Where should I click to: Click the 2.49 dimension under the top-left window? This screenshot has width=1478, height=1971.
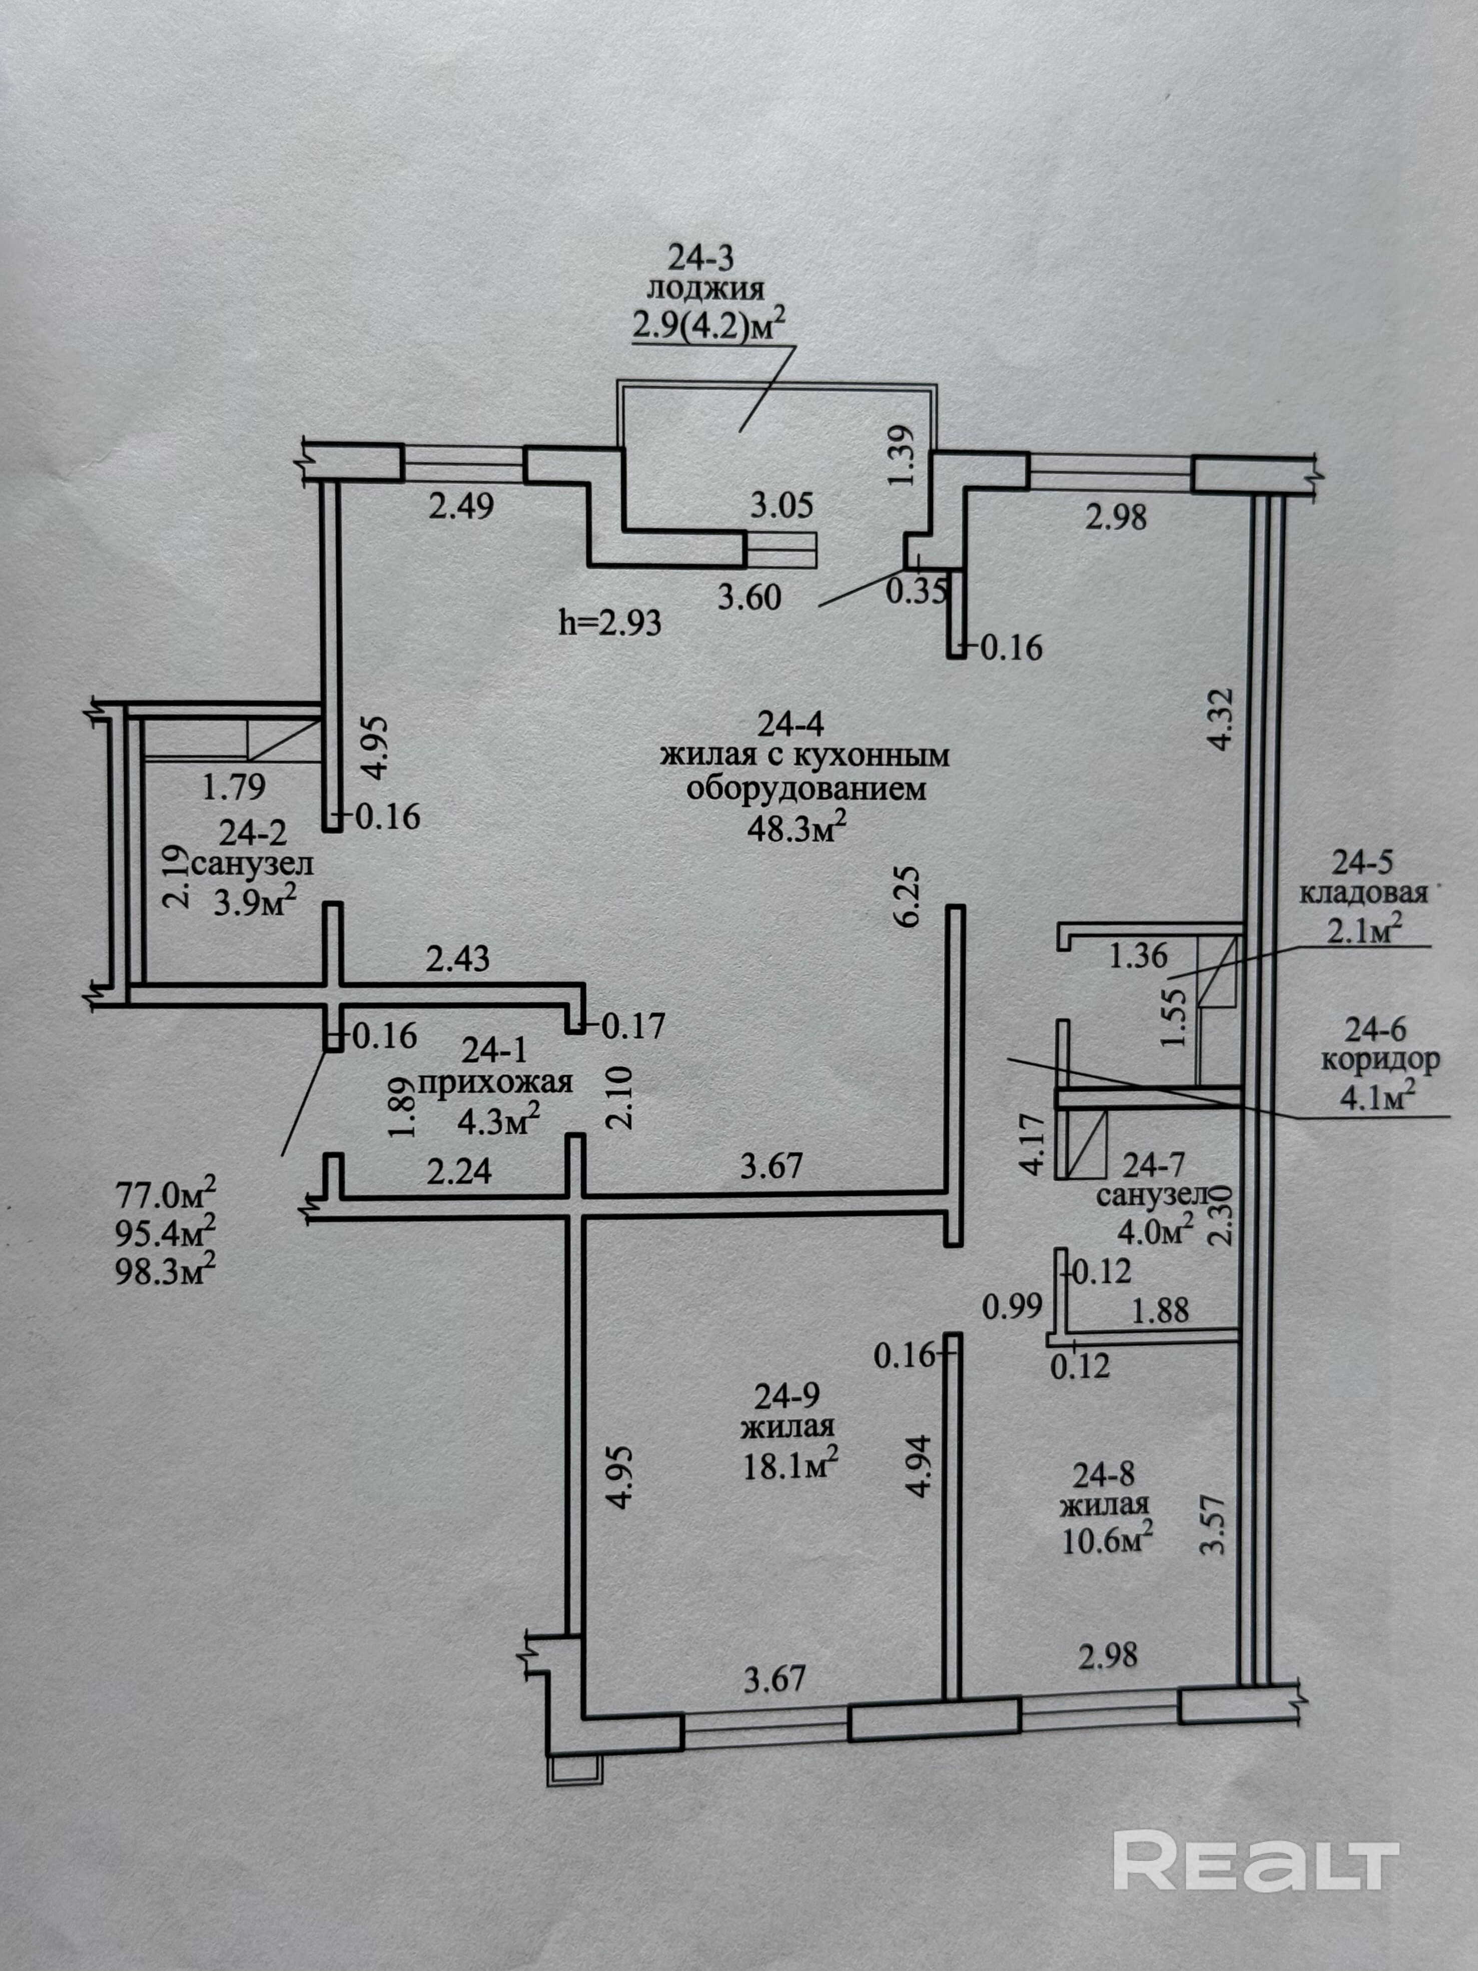[461, 507]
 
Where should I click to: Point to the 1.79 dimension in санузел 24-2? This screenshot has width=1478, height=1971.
[234, 787]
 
